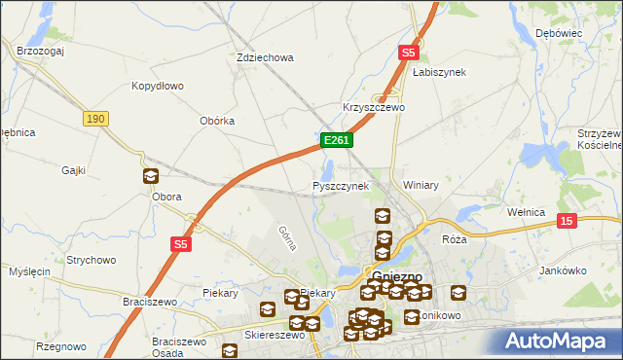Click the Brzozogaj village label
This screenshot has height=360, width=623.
[40, 48]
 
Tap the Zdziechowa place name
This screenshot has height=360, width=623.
[265, 57]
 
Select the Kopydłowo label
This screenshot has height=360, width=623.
[158, 86]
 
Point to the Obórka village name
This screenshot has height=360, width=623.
[217, 121]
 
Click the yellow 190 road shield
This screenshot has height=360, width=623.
[94, 118]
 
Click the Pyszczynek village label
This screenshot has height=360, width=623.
[341, 185]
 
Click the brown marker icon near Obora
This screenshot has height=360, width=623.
[151, 176]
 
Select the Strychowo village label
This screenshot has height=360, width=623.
[92, 260]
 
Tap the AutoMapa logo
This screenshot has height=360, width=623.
[558, 341]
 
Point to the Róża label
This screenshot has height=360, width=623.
[455, 238]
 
